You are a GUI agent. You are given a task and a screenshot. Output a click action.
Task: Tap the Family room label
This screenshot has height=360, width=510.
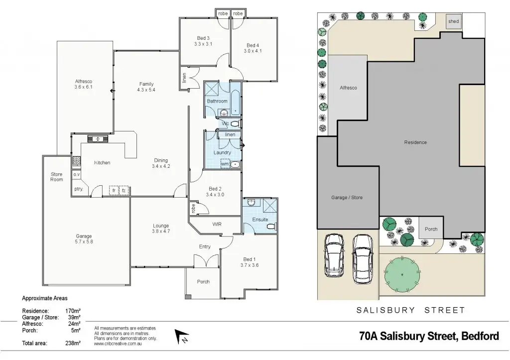tap(146, 84)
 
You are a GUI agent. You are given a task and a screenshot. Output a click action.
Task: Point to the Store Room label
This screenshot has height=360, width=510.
tap(57, 177)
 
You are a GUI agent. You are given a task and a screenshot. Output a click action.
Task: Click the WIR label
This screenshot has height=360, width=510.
tap(217, 224)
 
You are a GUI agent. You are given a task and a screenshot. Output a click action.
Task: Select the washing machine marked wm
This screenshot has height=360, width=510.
tap(225, 164)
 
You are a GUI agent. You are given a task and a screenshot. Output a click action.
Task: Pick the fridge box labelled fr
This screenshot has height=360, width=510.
tap(114, 190)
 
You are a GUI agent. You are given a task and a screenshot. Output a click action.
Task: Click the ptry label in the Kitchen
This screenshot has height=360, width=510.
tap(78, 189)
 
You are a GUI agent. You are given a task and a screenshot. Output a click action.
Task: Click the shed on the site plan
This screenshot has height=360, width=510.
tap(453, 22)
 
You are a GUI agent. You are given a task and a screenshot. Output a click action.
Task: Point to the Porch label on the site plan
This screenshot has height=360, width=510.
tap(431, 229)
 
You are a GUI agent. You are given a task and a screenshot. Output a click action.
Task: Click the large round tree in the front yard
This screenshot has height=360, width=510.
tap(402, 273)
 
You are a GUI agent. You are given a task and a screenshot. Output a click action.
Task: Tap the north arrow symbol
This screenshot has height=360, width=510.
tap(182, 337)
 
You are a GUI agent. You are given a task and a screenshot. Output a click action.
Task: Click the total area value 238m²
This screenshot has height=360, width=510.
tap(73, 343)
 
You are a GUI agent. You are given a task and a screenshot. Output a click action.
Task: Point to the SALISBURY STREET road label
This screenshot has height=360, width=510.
tap(410, 310)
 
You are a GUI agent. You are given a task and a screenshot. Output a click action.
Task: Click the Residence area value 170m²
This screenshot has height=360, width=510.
tap(73, 311)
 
